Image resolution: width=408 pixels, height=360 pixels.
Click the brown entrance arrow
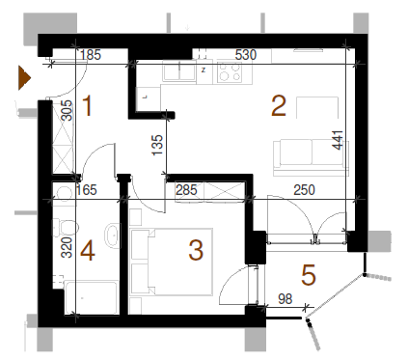(24, 77)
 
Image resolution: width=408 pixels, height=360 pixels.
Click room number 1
(87, 105)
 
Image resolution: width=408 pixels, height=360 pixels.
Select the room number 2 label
(279, 105)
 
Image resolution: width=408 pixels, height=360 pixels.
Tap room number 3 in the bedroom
(196, 250)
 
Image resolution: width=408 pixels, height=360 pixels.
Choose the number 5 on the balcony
(309, 275)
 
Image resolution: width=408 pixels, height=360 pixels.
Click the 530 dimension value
(246, 55)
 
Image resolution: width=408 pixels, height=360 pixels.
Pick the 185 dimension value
(91, 55)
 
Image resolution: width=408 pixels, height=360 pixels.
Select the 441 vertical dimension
(338, 140)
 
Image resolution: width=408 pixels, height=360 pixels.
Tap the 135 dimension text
(157, 145)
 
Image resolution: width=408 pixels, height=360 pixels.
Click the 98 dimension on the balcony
(286, 299)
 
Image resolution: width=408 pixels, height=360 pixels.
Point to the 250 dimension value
(304, 190)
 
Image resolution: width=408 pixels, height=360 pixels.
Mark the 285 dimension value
(186, 190)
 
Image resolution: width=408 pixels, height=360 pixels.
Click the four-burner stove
(230, 71)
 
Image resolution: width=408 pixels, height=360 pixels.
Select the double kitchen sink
(179, 70)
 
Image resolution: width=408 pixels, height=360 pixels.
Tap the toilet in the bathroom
(67, 227)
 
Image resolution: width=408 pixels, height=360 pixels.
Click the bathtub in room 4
(91, 297)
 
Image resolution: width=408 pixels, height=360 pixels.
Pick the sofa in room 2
(311, 157)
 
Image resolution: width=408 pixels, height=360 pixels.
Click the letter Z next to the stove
(204, 69)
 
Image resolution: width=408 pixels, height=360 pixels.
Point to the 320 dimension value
(67, 247)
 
